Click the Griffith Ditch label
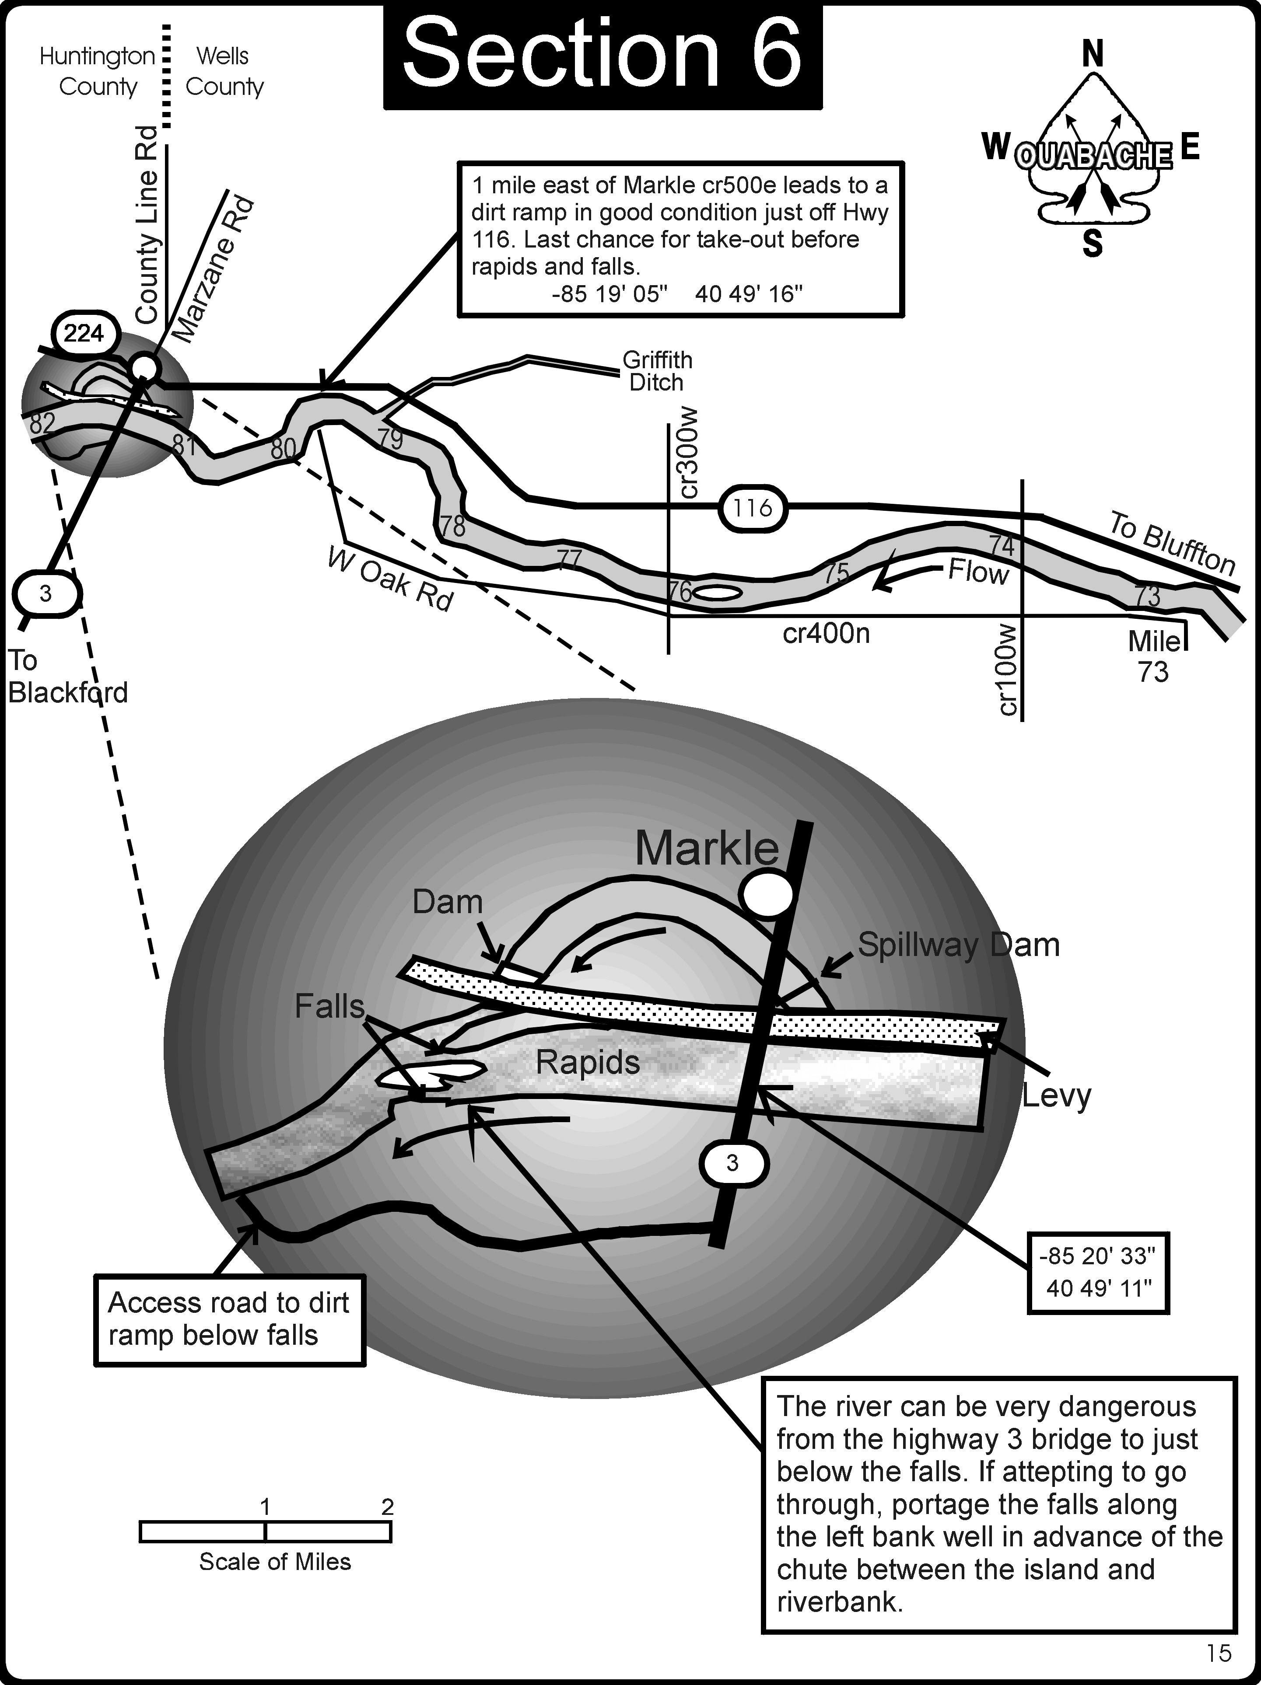(657, 371)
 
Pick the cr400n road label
(826, 633)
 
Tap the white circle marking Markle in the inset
(768, 893)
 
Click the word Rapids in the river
(588, 1062)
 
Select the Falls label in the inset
(329, 1007)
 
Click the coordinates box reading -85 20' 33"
(1097, 1272)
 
